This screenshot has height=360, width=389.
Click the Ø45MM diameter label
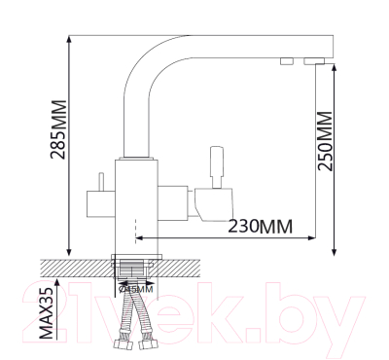coord(135,289)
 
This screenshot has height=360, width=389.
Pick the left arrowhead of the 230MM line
coord(138,235)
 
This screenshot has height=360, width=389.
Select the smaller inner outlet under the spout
coord(287,63)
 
